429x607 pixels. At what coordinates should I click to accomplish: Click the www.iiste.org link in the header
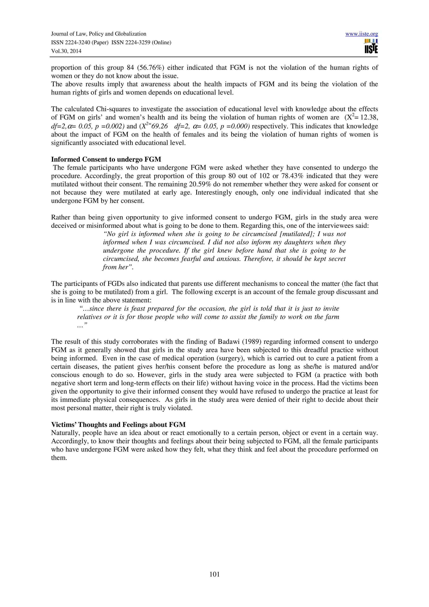coord(361,34)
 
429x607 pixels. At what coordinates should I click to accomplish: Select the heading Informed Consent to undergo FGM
coord(106,159)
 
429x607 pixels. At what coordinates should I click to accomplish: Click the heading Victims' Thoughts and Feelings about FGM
coord(118,425)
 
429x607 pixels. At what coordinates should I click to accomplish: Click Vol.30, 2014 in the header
coord(66,51)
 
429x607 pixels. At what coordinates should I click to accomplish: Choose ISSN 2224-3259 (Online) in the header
coord(141,43)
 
